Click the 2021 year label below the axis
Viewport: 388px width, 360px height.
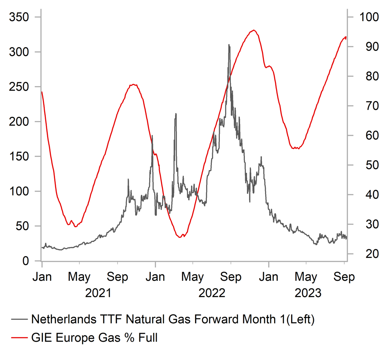(x=98, y=293)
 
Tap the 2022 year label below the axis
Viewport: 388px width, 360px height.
(x=212, y=293)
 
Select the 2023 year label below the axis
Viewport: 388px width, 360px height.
(x=308, y=293)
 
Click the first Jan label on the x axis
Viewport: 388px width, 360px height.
(x=42, y=277)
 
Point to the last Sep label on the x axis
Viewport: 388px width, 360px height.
(x=344, y=277)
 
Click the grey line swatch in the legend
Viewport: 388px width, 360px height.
(x=19, y=319)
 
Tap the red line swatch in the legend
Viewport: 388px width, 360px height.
(x=19, y=337)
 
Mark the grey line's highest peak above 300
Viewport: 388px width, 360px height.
(x=229, y=45)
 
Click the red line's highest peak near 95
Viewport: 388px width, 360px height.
(x=254, y=30)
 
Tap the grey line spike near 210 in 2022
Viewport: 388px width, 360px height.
(x=176, y=114)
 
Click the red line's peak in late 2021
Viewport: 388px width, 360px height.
(x=134, y=85)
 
